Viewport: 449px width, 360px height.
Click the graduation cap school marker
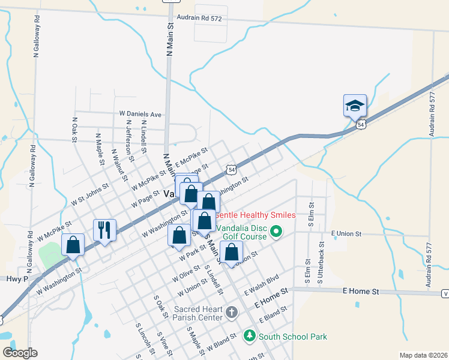[355, 106]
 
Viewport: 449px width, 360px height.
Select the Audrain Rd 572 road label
[199, 19]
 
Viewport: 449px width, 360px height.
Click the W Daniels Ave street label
[140, 113]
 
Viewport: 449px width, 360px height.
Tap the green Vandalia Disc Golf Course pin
[276, 231]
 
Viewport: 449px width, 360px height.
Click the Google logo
[20, 353]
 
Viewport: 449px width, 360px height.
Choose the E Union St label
[346, 233]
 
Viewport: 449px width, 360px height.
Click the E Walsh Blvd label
[262, 284]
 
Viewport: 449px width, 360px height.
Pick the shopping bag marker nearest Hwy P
[73, 245]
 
